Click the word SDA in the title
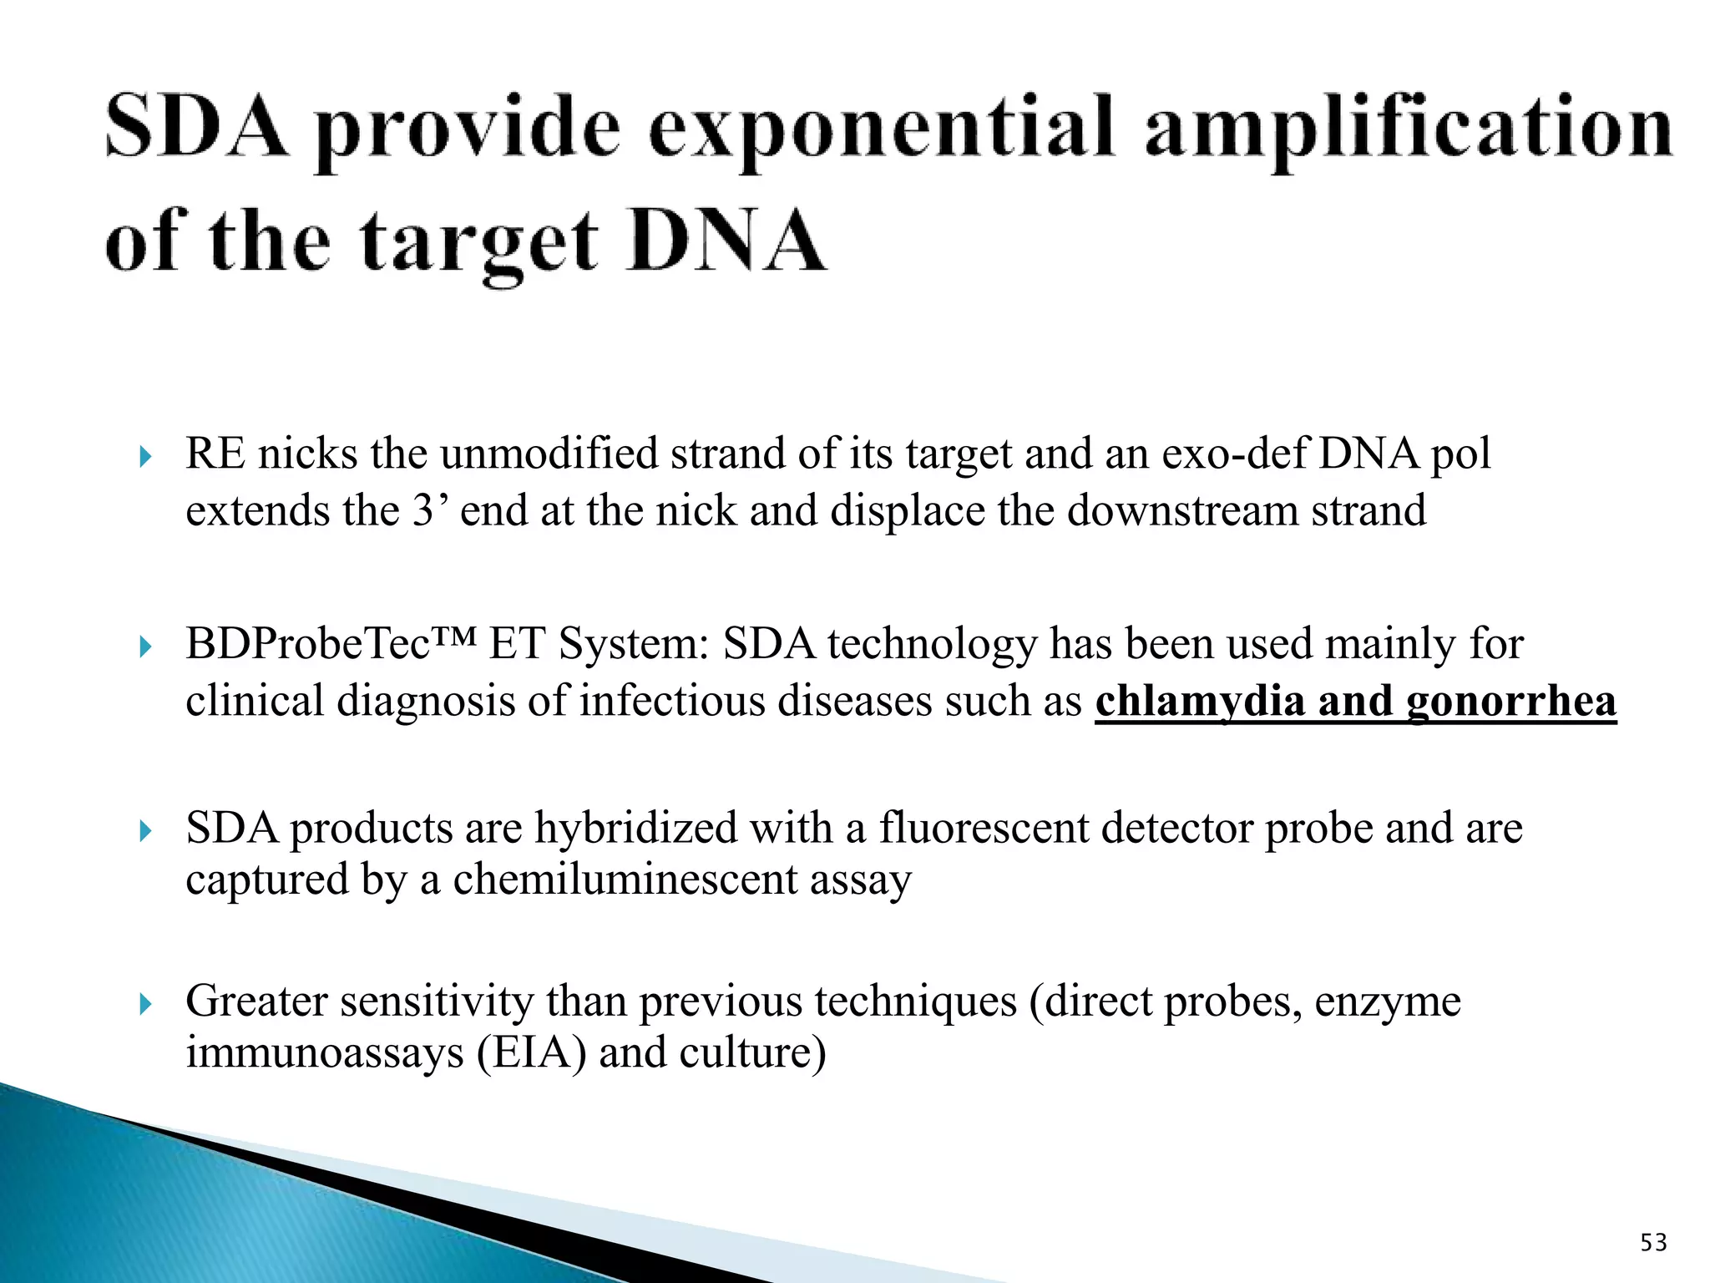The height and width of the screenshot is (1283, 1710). pos(196,127)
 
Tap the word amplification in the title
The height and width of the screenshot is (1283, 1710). pos(1409,130)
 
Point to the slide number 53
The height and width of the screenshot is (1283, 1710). pos(1653,1243)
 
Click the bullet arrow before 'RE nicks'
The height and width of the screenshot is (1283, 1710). pos(145,457)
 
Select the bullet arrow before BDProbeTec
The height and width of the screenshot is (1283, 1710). pos(145,647)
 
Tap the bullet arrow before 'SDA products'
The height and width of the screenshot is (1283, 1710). pos(145,831)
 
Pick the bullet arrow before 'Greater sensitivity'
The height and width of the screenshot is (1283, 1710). pos(145,1003)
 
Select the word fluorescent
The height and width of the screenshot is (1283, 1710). pos(984,829)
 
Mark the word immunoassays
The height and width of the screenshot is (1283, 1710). pos(324,1052)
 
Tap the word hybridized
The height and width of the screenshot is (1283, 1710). pos(636,829)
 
